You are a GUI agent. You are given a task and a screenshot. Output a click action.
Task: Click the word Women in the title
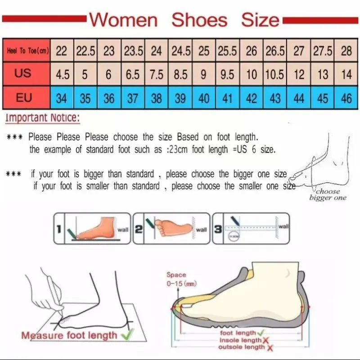point(124,20)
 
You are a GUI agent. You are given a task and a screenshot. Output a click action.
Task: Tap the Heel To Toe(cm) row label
point(27,51)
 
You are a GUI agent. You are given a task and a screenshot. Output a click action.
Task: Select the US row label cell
point(23,74)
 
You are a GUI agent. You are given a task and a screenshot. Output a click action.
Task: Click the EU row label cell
point(23,98)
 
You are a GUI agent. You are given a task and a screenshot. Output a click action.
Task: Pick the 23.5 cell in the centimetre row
point(133,51)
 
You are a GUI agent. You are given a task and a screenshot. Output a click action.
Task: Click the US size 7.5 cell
point(157,74)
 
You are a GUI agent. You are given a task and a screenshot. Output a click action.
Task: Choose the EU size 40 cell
point(204,98)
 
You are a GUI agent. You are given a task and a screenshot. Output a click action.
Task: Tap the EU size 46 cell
point(346,98)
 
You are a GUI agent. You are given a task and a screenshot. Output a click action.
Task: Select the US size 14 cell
point(346,74)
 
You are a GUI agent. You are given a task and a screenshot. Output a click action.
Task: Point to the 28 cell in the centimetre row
point(346,51)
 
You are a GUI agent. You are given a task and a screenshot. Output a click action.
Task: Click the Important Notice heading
point(43,118)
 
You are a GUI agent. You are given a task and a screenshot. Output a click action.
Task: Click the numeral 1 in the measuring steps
point(58,229)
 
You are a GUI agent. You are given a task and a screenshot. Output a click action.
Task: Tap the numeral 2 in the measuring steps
point(139,229)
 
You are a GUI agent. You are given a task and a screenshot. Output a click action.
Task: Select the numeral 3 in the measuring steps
point(218,229)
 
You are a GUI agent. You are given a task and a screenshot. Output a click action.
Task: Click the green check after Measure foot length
point(126,334)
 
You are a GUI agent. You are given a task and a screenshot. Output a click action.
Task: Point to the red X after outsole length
point(270,347)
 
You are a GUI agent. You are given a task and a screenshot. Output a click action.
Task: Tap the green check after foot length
point(260,333)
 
